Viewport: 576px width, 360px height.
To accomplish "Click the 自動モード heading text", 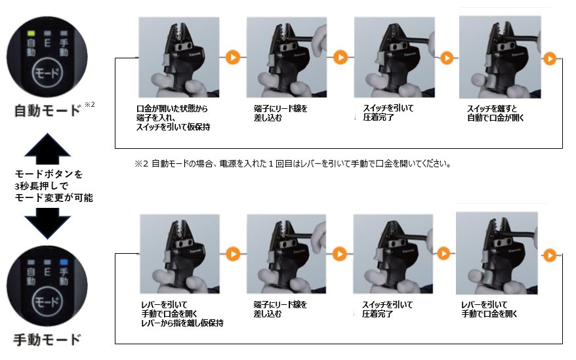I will point(47,110).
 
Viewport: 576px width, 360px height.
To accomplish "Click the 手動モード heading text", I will point(47,339).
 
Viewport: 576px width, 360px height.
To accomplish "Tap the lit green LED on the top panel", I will point(30,31).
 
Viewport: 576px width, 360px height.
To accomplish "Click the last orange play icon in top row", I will point(550,58).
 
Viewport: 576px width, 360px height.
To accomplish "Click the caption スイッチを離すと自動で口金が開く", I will point(496,113).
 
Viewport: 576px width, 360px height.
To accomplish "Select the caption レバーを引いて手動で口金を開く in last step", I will point(489,309).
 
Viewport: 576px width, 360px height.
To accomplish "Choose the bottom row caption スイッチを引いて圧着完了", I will point(388,309).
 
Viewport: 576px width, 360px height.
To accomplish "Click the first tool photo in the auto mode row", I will point(179,57).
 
